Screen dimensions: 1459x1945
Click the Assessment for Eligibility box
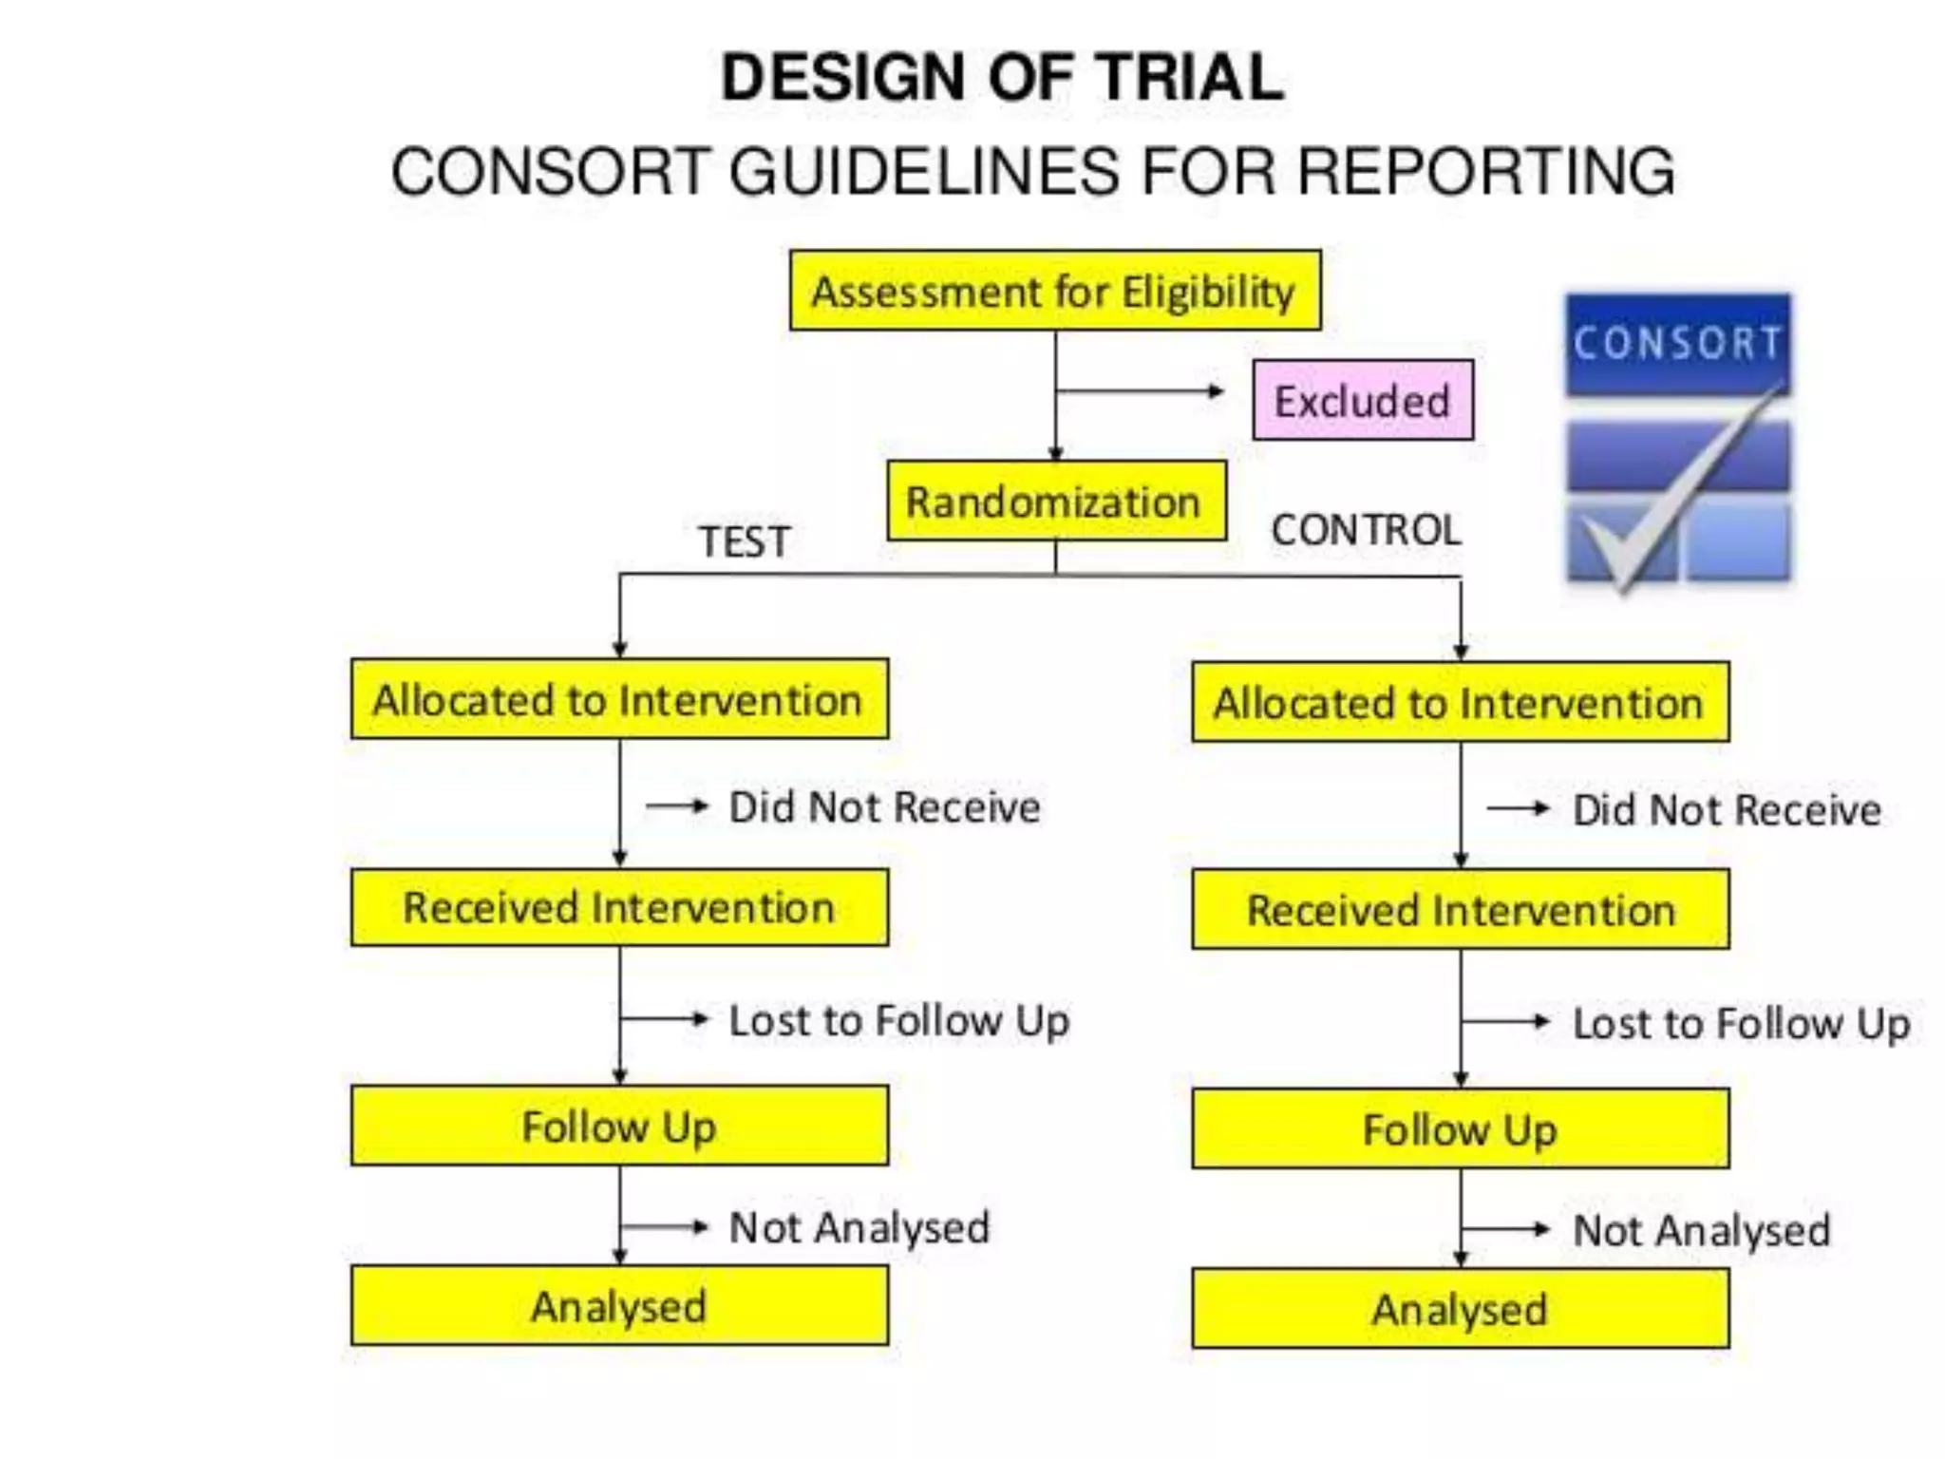(x=1054, y=291)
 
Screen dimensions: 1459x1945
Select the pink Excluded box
(x=1362, y=400)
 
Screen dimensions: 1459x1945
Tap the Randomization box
(x=1055, y=502)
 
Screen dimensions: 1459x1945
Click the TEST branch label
(x=745, y=541)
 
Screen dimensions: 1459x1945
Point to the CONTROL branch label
(x=1366, y=530)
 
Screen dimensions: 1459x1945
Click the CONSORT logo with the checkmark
(x=1677, y=439)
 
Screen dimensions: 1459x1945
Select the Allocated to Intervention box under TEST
(x=619, y=699)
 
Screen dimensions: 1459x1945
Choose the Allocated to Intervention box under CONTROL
(x=1460, y=703)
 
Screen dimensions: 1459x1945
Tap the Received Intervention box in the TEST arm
(x=619, y=907)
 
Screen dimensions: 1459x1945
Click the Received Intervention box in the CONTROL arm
(x=1460, y=910)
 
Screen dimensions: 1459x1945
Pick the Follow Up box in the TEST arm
(x=619, y=1127)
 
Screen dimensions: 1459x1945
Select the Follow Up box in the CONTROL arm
(x=1460, y=1129)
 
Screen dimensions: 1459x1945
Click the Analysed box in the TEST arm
(x=619, y=1306)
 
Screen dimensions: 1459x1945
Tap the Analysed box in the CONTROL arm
(x=1460, y=1309)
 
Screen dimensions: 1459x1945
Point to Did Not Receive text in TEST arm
(x=884, y=807)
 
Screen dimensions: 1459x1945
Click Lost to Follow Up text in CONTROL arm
(x=1741, y=1024)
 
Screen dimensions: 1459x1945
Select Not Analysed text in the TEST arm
(x=859, y=1227)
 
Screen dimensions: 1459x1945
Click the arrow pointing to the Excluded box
(x=1140, y=390)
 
